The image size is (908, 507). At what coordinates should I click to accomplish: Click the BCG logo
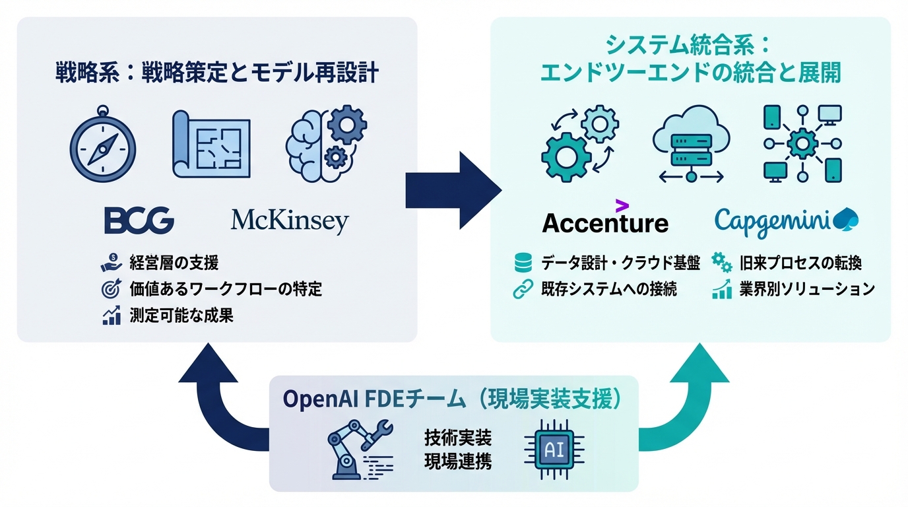139,220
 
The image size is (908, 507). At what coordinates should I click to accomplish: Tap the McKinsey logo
290,222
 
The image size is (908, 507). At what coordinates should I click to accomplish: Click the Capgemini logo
787,220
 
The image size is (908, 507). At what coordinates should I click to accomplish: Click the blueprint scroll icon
211,144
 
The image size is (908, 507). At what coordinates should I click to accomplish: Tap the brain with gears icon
326,141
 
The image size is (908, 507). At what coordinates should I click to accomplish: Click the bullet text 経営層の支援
174,263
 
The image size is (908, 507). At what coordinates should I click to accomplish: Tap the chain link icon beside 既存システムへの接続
523,289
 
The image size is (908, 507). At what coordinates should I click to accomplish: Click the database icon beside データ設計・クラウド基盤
523,263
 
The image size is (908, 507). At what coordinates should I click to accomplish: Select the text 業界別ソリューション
806,289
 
